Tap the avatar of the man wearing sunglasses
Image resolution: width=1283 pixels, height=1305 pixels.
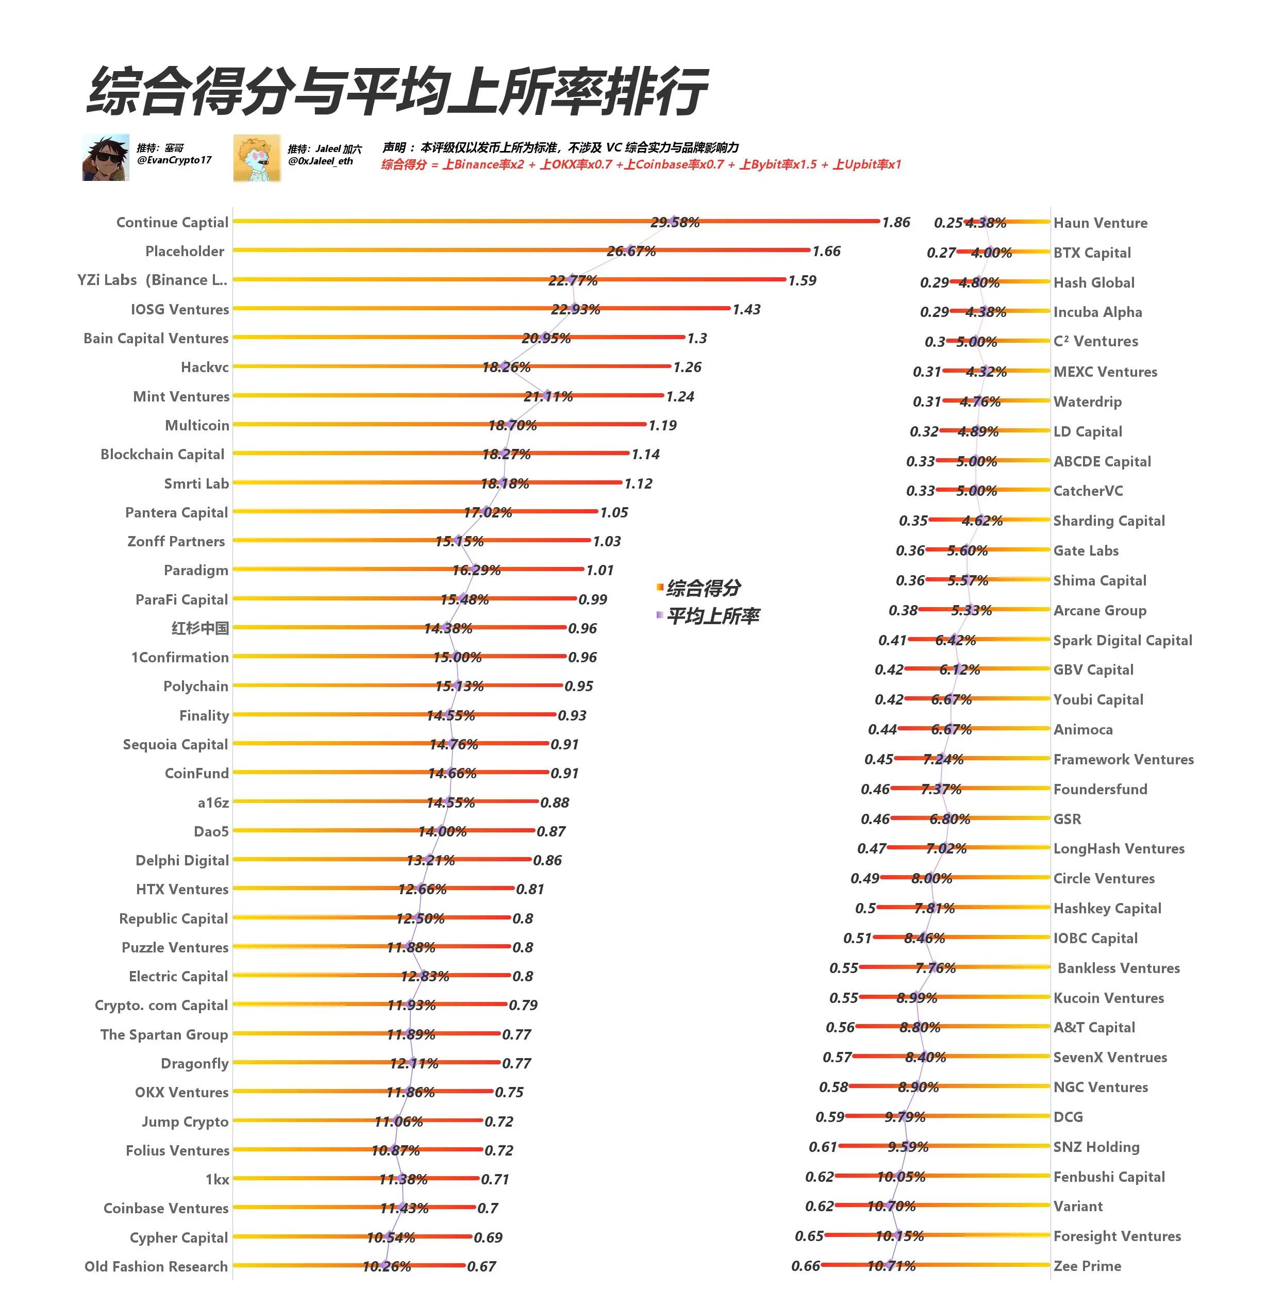(x=106, y=158)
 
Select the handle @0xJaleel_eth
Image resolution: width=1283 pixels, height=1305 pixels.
(x=320, y=161)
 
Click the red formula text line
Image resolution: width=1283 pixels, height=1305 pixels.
(x=640, y=164)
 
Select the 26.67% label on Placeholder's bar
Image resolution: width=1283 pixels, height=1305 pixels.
(x=631, y=252)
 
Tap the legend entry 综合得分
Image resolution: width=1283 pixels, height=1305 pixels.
(x=703, y=588)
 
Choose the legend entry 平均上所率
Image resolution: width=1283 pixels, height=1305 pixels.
(x=712, y=616)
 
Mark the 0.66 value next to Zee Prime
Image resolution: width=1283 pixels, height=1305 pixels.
(x=805, y=1266)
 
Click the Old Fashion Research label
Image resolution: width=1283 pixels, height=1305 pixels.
(x=156, y=1266)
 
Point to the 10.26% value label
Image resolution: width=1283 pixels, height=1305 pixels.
(x=386, y=1266)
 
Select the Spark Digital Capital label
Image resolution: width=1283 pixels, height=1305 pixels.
(x=1122, y=640)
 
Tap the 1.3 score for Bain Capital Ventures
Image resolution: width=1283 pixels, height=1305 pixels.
(x=697, y=338)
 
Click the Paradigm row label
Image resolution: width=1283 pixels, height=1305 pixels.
(x=195, y=571)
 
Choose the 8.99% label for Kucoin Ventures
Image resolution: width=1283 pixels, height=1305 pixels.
(x=917, y=998)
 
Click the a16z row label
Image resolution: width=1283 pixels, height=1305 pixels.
(x=213, y=802)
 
